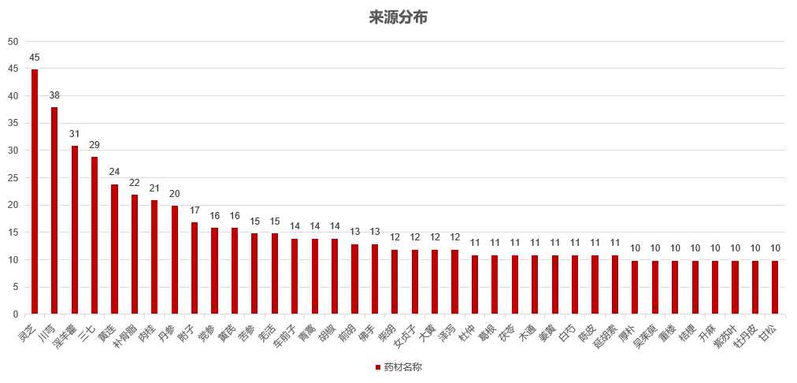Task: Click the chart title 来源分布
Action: (x=398, y=17)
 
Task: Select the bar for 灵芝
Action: (x=35, y=191)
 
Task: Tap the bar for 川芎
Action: (x=54, y=210)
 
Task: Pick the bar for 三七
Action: (x=95, y=235)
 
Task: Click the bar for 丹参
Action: (x=175, y=260)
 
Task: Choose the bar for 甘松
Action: (x=775, y=287)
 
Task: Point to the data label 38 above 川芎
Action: (x=54, y=95)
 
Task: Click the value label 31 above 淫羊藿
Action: (x=75, y=134)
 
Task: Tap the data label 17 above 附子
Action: (x=195, y=210)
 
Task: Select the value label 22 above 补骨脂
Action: (x=135, y=183)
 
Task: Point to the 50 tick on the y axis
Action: (x=13, y=42)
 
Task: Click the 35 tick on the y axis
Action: (x=13, y=124)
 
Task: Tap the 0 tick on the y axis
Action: (x=16, y=314)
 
